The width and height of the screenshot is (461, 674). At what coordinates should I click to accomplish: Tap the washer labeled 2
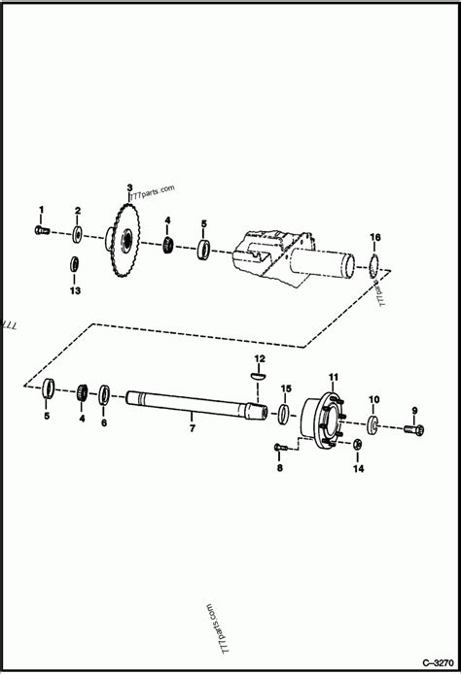tap(77, 233)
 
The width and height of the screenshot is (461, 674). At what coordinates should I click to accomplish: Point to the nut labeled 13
tap(75, 263)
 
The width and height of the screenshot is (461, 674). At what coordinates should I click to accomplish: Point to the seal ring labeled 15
tap(282, 415)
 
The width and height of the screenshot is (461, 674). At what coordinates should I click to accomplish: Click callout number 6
tap(104, 423)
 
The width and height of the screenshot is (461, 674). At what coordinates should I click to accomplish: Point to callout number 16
tap(375, 238)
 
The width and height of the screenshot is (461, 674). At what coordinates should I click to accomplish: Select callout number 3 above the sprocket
tap(128, 186)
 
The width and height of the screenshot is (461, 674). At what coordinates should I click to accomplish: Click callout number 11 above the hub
tap(332, 377)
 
